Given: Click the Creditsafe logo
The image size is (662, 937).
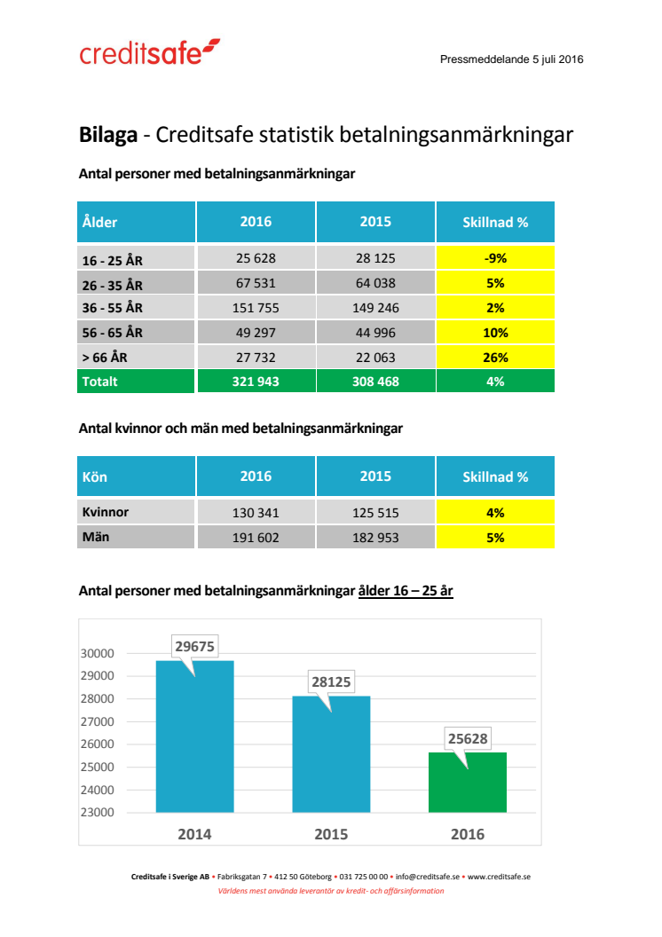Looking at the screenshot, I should (x=149, y=53).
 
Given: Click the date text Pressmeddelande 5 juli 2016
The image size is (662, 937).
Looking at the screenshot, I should (x=511, y=59).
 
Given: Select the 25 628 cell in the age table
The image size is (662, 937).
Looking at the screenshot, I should (x=256, y=258).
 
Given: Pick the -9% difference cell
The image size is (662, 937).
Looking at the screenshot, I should (x=495, y=258).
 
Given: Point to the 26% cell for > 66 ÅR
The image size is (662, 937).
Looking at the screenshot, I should (x=495, y=357).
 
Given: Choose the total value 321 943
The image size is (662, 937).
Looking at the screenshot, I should (x=256, y=382).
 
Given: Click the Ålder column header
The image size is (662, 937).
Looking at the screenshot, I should (x=100, y=222).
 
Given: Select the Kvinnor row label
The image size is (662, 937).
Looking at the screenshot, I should (x=105, y=512).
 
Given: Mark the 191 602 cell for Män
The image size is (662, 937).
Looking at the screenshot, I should (x=256, y=537).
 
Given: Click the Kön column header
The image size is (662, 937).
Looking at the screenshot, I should (x=95, y=476).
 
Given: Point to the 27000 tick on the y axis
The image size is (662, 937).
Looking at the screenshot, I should (x=98, y=721).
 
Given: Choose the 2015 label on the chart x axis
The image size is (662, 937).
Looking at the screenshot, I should (x=331, y=834).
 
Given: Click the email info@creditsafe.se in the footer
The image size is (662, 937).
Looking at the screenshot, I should (x=427, y=876).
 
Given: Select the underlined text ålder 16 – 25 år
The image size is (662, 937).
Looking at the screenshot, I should (x=406, y=590).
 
